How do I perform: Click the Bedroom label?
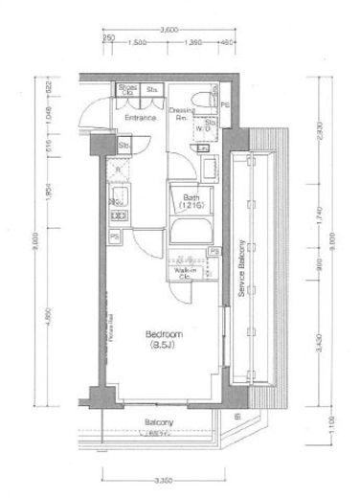[158, 338]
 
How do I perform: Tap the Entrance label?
[141, 119]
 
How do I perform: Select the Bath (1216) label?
[191, 203]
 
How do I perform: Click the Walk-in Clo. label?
[186, 275]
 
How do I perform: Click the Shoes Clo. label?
[127, 90]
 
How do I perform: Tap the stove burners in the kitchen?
[118, 200]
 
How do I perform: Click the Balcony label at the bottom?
[159, 422]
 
